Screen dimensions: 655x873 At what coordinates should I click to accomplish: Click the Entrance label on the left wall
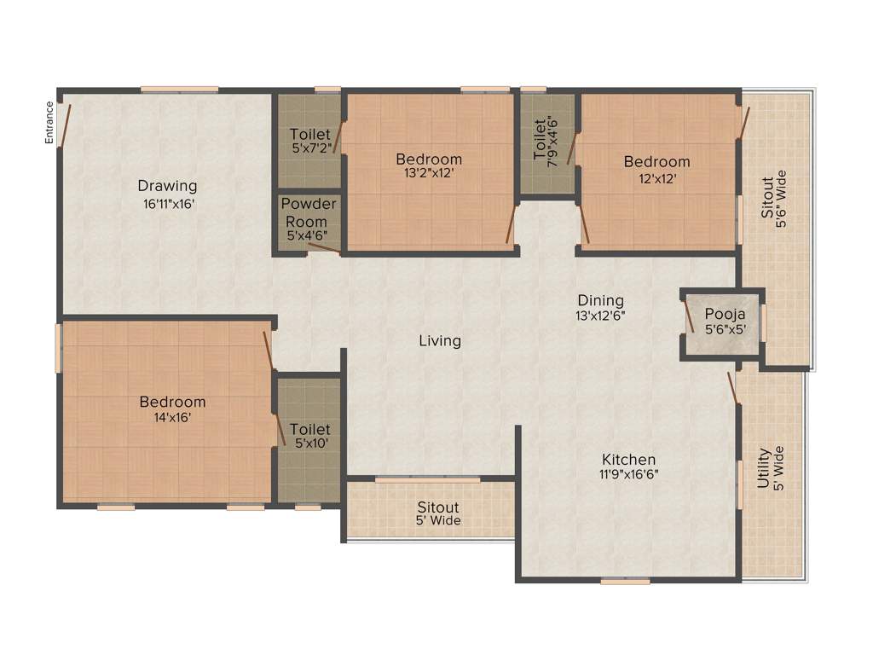(x=49, y=121)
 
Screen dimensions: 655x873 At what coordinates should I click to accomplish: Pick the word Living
(x=440, y=341)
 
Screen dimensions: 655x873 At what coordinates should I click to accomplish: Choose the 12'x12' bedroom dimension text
(x=656, y=178)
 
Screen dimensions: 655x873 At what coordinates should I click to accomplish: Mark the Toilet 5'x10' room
(x=309, y=436)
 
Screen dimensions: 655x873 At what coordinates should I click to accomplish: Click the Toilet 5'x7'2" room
(x=309, y=140)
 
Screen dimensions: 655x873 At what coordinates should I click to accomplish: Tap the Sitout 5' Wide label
(x=438, y=513)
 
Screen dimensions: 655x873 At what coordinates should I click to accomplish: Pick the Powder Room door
(x=324, y=248)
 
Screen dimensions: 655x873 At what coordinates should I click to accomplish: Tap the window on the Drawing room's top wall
(x=179, y=89)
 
